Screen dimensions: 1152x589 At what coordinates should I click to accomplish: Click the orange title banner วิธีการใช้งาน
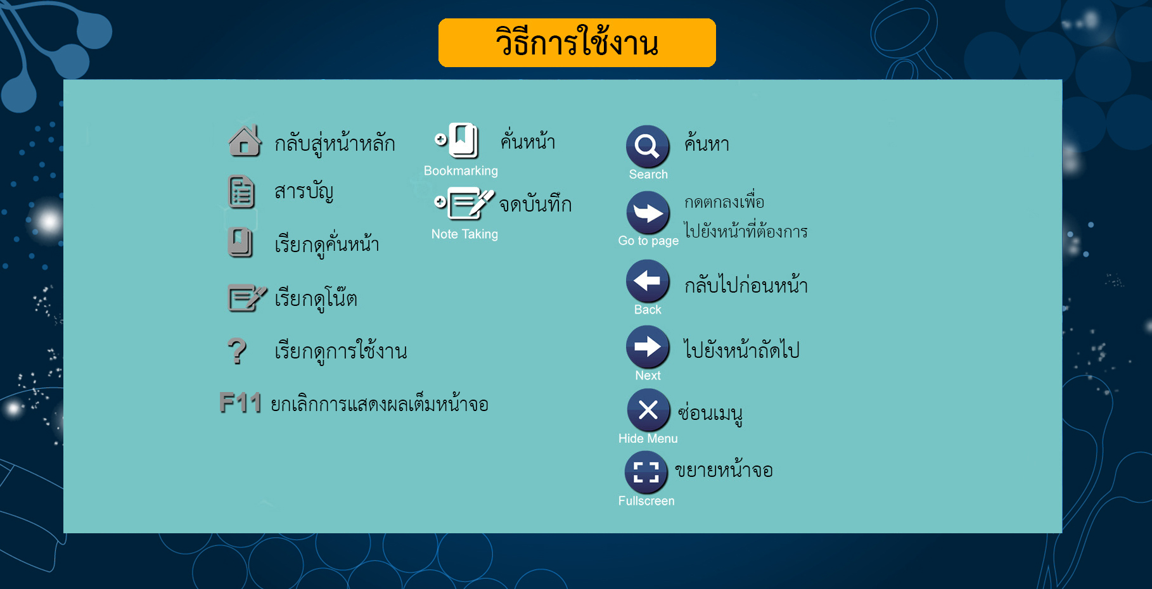tap(577, 42)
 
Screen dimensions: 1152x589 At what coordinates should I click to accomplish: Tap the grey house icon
tap(245, 141)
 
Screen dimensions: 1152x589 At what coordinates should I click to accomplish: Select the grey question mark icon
tap(237, 351)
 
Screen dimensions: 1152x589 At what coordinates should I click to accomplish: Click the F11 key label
tap(241, 403)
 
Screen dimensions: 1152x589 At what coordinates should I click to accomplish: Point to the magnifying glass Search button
tap(648, 146)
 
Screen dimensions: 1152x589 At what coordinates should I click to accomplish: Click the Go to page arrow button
tap(648, 213)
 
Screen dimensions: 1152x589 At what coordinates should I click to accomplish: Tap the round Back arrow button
tap(648, 281)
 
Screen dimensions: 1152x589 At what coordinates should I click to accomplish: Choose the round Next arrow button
tap(648, 346)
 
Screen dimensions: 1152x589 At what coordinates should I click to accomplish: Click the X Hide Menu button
tap(648, 410)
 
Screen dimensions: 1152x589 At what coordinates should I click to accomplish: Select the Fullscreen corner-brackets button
tap(646, 472)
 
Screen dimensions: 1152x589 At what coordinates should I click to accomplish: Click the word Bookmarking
tap(461, 171)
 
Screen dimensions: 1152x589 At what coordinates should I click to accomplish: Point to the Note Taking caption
tap(464, 234)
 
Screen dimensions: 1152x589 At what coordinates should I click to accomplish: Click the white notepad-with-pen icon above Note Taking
tap(464, 203)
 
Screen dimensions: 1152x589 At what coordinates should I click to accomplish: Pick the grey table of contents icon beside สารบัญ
tap(241, 192)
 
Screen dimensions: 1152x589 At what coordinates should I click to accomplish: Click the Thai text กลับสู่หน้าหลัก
tap(335, 143)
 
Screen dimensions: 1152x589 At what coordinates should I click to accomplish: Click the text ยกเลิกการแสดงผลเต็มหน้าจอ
tap(380, 403)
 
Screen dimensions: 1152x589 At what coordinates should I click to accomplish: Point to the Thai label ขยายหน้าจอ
tap(724, 469)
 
